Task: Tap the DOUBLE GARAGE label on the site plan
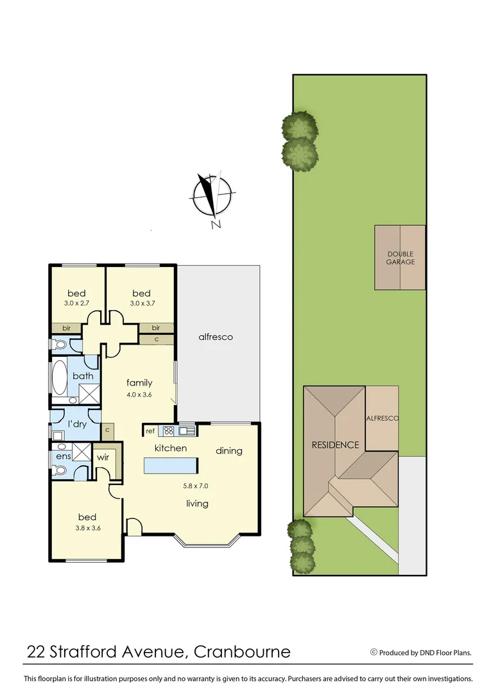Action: click(401, 258)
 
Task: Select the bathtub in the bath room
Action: click(59, 378)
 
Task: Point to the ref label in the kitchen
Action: click(150, 431)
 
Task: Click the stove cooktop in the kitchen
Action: click(169, 431)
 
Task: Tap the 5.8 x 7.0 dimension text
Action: click(196, 486)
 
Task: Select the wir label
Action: click(103, 458)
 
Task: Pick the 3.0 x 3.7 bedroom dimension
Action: click(141, 304)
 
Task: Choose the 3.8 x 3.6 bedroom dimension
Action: click(87, 528)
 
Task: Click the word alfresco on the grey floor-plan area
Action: click(215, 337)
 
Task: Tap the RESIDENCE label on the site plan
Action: click(336, 445)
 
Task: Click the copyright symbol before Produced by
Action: click(374, 652)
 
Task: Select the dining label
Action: click(228, 450)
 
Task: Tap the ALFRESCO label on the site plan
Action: click(382, 418)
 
